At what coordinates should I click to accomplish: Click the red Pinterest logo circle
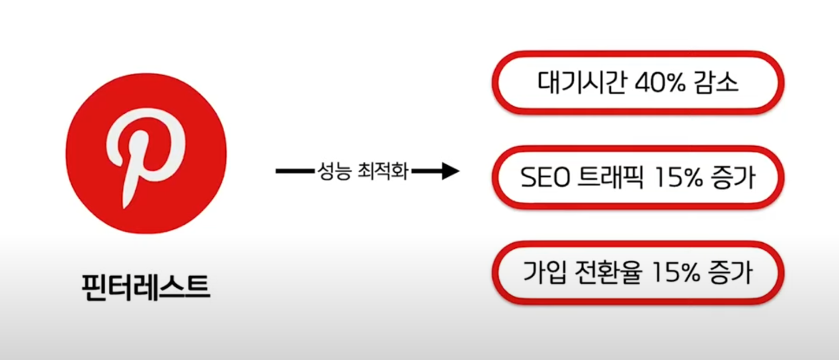(x=87, y=191)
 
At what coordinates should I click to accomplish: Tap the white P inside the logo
(x=147, y=142)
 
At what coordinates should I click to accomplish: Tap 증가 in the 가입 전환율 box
(x=733, y=272)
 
